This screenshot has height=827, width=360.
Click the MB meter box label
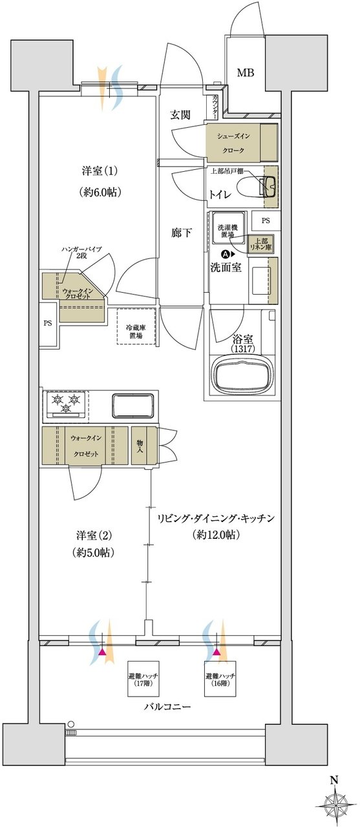[246, 73]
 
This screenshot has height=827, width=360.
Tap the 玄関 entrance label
[180, 115]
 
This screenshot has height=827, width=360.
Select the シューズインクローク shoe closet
[242, 143]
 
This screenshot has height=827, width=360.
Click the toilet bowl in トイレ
[255, 185]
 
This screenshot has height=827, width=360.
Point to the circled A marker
[224, 254]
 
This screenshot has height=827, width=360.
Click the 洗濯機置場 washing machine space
[228, 228]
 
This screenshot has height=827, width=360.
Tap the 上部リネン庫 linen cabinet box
[261, 244]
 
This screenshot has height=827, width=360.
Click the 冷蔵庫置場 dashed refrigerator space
[136, 326]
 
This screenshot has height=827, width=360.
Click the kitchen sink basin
[132, 405]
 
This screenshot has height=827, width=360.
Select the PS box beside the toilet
[266, 221]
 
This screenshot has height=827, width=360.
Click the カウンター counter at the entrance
[215, 107]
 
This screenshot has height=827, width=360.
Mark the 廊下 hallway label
[181, 233]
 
